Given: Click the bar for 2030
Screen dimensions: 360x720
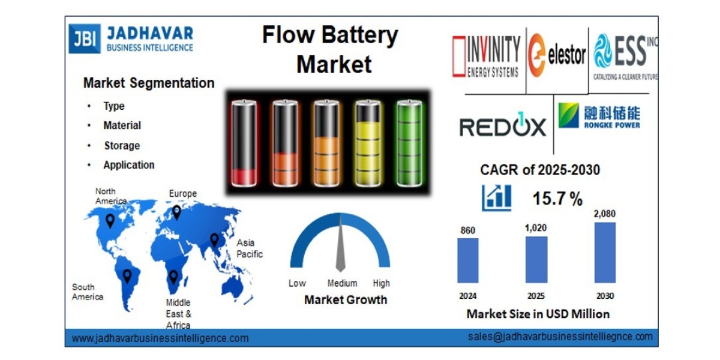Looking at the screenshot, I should click(x=604, y=253).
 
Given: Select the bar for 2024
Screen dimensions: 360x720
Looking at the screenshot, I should click(x=467, y=260).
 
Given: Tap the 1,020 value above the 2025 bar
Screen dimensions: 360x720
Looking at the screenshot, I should click(x=536, y=228).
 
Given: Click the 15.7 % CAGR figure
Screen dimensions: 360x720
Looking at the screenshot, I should click(x=557, y=199).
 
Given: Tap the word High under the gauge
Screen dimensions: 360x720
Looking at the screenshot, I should click(x=381, y=283).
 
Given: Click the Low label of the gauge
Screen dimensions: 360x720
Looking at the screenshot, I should click(x=297, y=283).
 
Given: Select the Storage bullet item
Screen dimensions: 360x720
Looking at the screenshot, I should click(x=122, y=146).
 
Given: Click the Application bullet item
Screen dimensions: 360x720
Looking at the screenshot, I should click(x=128, y=165).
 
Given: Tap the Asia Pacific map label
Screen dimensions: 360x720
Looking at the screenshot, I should click(x=249, y=248).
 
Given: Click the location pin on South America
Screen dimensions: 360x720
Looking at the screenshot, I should click(x=127, y=275).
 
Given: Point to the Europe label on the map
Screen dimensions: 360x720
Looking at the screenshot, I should click(x=182, y=194).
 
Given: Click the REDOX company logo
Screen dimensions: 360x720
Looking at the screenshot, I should click(x=503, y=127).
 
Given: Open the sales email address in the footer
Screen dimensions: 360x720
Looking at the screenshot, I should click(x=560, y=337).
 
